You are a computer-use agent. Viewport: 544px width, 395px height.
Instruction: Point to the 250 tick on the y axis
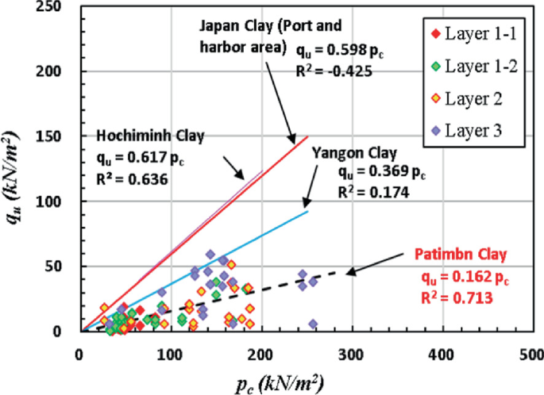click(x=58, y=6)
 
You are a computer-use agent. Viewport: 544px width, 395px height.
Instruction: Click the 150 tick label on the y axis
click(x=58, y=136)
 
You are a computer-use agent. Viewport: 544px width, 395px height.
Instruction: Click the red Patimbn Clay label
click(x=457, y=255)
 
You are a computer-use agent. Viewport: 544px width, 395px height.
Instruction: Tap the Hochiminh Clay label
click(x=150, y=134)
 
